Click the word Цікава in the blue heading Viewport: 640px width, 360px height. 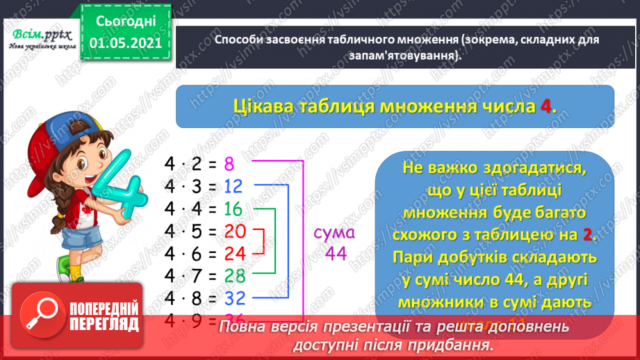point(263,106)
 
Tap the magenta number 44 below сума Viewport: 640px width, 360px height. point(336,254)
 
